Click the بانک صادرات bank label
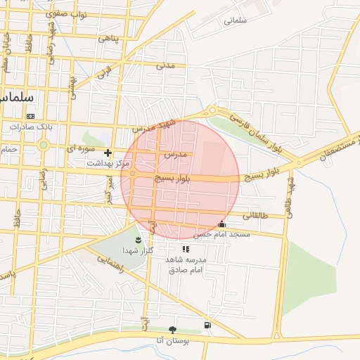(30, 127)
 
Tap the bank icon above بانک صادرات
(30, 116)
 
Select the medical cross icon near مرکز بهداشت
(108, 153)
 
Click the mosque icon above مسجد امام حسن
(223, 224)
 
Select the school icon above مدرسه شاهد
(186, 249)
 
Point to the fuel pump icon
(207, 325)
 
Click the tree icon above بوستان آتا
(172, 330)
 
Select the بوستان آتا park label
(170, 340)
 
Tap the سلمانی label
(236, 20)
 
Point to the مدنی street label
(165, 65)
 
